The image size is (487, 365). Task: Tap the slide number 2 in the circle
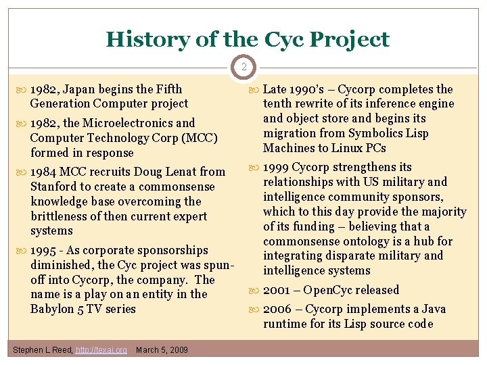click(243, 67)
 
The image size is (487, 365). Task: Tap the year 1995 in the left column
click(45, 250)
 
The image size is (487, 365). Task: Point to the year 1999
click(277, 167)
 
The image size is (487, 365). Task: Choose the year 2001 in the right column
click(277, 290)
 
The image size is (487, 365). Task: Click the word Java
click(432, 309)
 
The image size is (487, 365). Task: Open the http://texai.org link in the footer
click(101, 349)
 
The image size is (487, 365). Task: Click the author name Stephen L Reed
click(43, 349)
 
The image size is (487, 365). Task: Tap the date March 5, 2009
click(162, 349)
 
